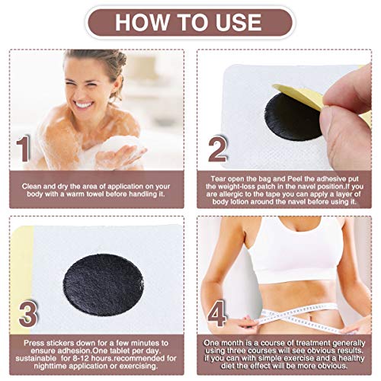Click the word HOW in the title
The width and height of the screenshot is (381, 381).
click(142, 22)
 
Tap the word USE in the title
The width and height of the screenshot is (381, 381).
click(239, 22)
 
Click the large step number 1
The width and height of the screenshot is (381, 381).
click(24, 149)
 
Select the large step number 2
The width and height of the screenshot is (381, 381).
click(217, 149)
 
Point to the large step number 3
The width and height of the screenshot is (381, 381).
click(28, 314)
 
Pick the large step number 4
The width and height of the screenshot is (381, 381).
click(216, 314)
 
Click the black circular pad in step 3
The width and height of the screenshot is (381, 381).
click(104, 284)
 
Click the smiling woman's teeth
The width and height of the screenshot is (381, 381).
click(83, 104)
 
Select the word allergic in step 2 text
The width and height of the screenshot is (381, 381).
click(232, 194)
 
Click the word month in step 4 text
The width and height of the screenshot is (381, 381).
click(232, 344)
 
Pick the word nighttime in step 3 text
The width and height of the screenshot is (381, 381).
click(50, 367)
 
